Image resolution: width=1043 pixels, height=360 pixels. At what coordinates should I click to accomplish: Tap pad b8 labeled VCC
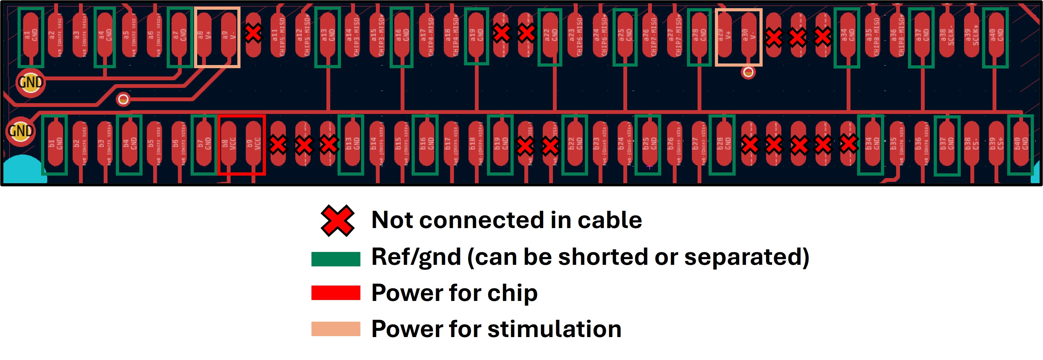point(229,144)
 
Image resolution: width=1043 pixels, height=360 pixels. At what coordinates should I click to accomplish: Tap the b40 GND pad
point(1021,144)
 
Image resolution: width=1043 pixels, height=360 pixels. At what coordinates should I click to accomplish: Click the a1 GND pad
point(31,35)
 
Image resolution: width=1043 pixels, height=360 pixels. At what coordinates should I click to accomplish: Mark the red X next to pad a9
point(253,33)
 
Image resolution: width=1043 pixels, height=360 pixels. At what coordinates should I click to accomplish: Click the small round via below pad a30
point(748,73)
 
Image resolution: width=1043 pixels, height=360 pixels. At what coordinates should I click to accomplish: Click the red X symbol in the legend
point(337,221)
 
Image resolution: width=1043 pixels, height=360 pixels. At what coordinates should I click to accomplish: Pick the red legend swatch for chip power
point(336,293)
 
